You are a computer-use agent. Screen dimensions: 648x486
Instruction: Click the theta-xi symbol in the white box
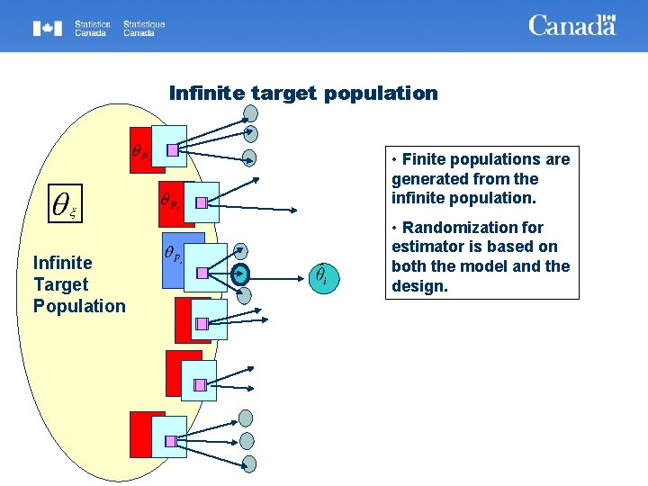63,205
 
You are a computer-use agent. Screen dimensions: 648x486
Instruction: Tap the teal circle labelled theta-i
322,274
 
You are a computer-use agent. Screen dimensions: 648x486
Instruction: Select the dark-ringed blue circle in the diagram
241,274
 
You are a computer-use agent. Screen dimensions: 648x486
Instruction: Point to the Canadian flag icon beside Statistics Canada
48,28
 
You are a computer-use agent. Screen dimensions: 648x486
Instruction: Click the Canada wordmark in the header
571,25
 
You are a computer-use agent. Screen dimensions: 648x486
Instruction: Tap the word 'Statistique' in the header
144,23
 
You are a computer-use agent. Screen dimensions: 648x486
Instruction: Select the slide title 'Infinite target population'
303,94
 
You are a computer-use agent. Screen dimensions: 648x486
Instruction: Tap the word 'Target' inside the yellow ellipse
60,284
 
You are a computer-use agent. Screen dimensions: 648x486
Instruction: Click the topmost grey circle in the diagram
251,114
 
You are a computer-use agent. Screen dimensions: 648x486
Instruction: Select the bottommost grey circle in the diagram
248,463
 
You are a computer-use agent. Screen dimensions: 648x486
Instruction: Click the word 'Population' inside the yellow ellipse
79,306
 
